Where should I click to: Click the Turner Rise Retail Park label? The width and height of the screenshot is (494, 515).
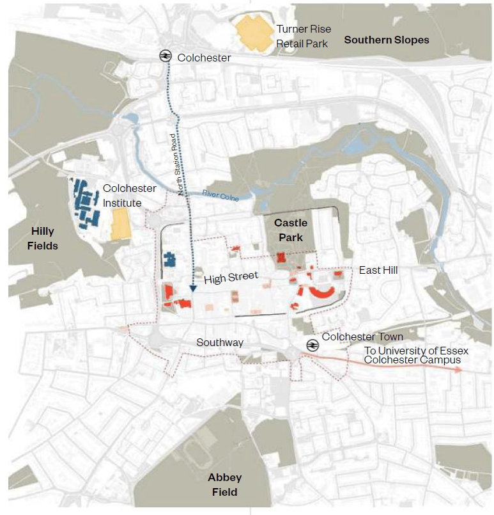coord(302,36)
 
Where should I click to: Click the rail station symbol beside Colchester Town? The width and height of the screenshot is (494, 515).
coord(312,345)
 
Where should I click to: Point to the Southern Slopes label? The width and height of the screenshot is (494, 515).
coord(387,40)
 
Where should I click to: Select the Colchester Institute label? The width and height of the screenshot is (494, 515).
coord(129,195)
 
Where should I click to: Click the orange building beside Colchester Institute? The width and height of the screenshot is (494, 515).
coord(120,224)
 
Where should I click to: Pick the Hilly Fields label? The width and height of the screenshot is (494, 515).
coord(45,238)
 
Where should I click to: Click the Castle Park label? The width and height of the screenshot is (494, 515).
coord(291,230)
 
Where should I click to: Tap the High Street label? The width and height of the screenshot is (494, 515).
coord(231,278)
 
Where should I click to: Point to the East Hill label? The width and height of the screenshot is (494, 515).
coord(378,270)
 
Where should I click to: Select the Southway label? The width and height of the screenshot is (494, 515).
coord(220,343)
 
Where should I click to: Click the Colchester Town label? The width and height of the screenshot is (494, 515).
coord(362,337)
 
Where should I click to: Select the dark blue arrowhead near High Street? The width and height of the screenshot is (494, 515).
coord(192,289)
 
